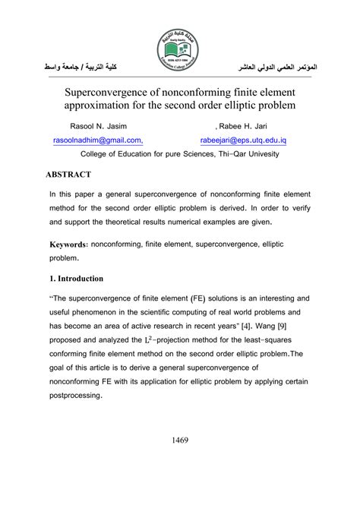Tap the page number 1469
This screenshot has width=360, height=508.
pos(180,440)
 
